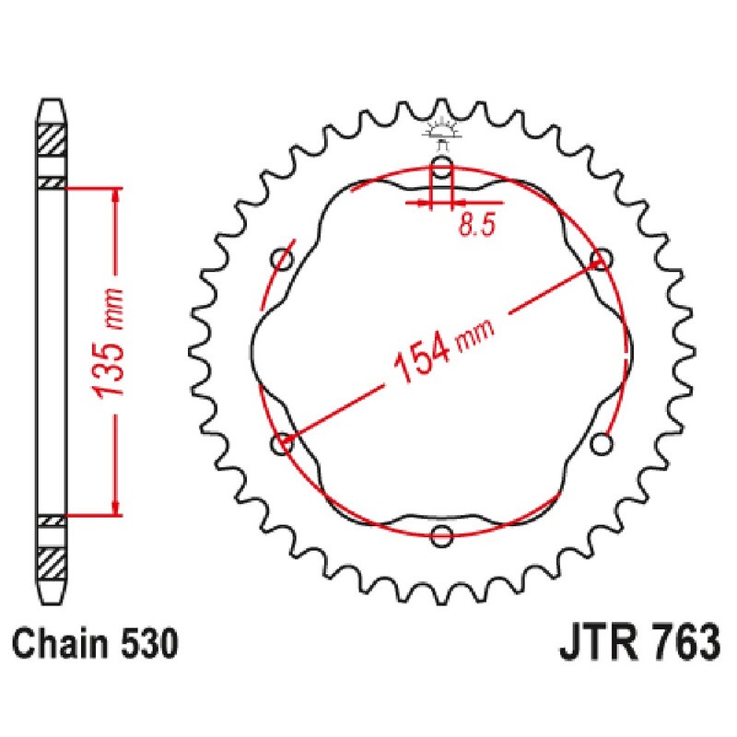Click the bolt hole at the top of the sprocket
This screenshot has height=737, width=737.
click(x=442, y=169)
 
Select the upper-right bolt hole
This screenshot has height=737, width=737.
click(x=602, y=259)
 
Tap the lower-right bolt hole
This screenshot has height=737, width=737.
click(x=602, y=444)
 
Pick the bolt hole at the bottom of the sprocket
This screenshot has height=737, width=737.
click(x=442, y=535)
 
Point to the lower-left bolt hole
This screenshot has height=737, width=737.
click(x=283, y=444)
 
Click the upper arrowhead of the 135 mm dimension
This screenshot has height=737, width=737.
click(x=115, y=195)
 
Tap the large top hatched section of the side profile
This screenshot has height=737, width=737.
click(x=52, y=139)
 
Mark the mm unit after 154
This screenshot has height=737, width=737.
click(x=474, y=333)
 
